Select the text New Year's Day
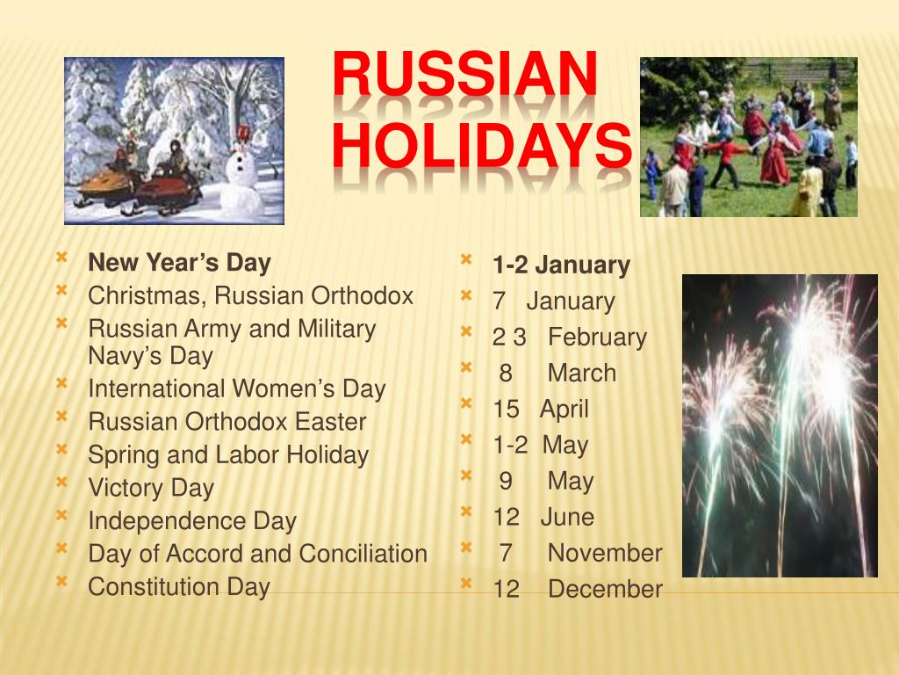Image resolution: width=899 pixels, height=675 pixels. pos(179,263)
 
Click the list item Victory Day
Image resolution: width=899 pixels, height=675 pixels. pos(151,488)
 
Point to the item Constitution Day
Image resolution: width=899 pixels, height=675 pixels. pos(179,586)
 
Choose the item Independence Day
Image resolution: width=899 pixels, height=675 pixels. pos(192,521)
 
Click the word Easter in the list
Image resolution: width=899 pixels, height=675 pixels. pos(330,422)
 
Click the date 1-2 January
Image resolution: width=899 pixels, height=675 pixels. pos(561,265)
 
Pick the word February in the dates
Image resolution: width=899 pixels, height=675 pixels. pos(598,337)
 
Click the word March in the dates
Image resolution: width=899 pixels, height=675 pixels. pos(582,374)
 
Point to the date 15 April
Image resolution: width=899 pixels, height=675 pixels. pos(541,410)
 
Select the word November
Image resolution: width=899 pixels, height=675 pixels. pos(605,554)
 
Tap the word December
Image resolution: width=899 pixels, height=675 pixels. pos(605,590)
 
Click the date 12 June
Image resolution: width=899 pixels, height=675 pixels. pos(543,518)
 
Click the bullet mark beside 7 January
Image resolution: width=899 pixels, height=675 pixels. pos(466,295)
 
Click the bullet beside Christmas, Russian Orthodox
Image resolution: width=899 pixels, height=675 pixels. pos(61,290)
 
